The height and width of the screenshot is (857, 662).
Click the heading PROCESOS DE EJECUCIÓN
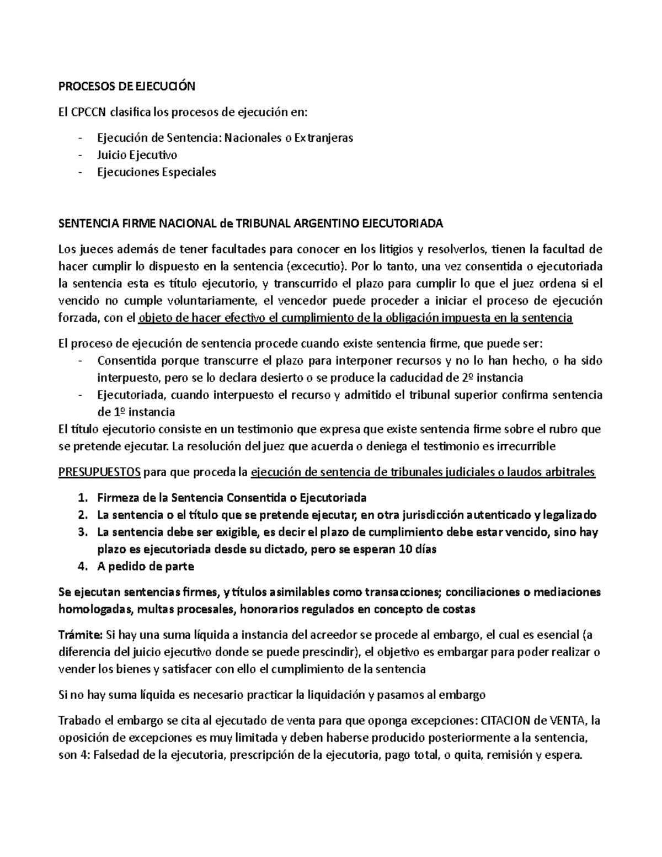tap(127, 87)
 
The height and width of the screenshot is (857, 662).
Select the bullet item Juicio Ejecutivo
tap(137, 155)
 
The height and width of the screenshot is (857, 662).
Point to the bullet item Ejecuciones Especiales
tap(157, 172)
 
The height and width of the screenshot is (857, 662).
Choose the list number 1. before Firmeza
tap(83, 498)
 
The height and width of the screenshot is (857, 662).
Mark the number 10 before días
tap(405, 550)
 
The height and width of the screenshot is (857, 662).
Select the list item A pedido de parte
tap(145, 567)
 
